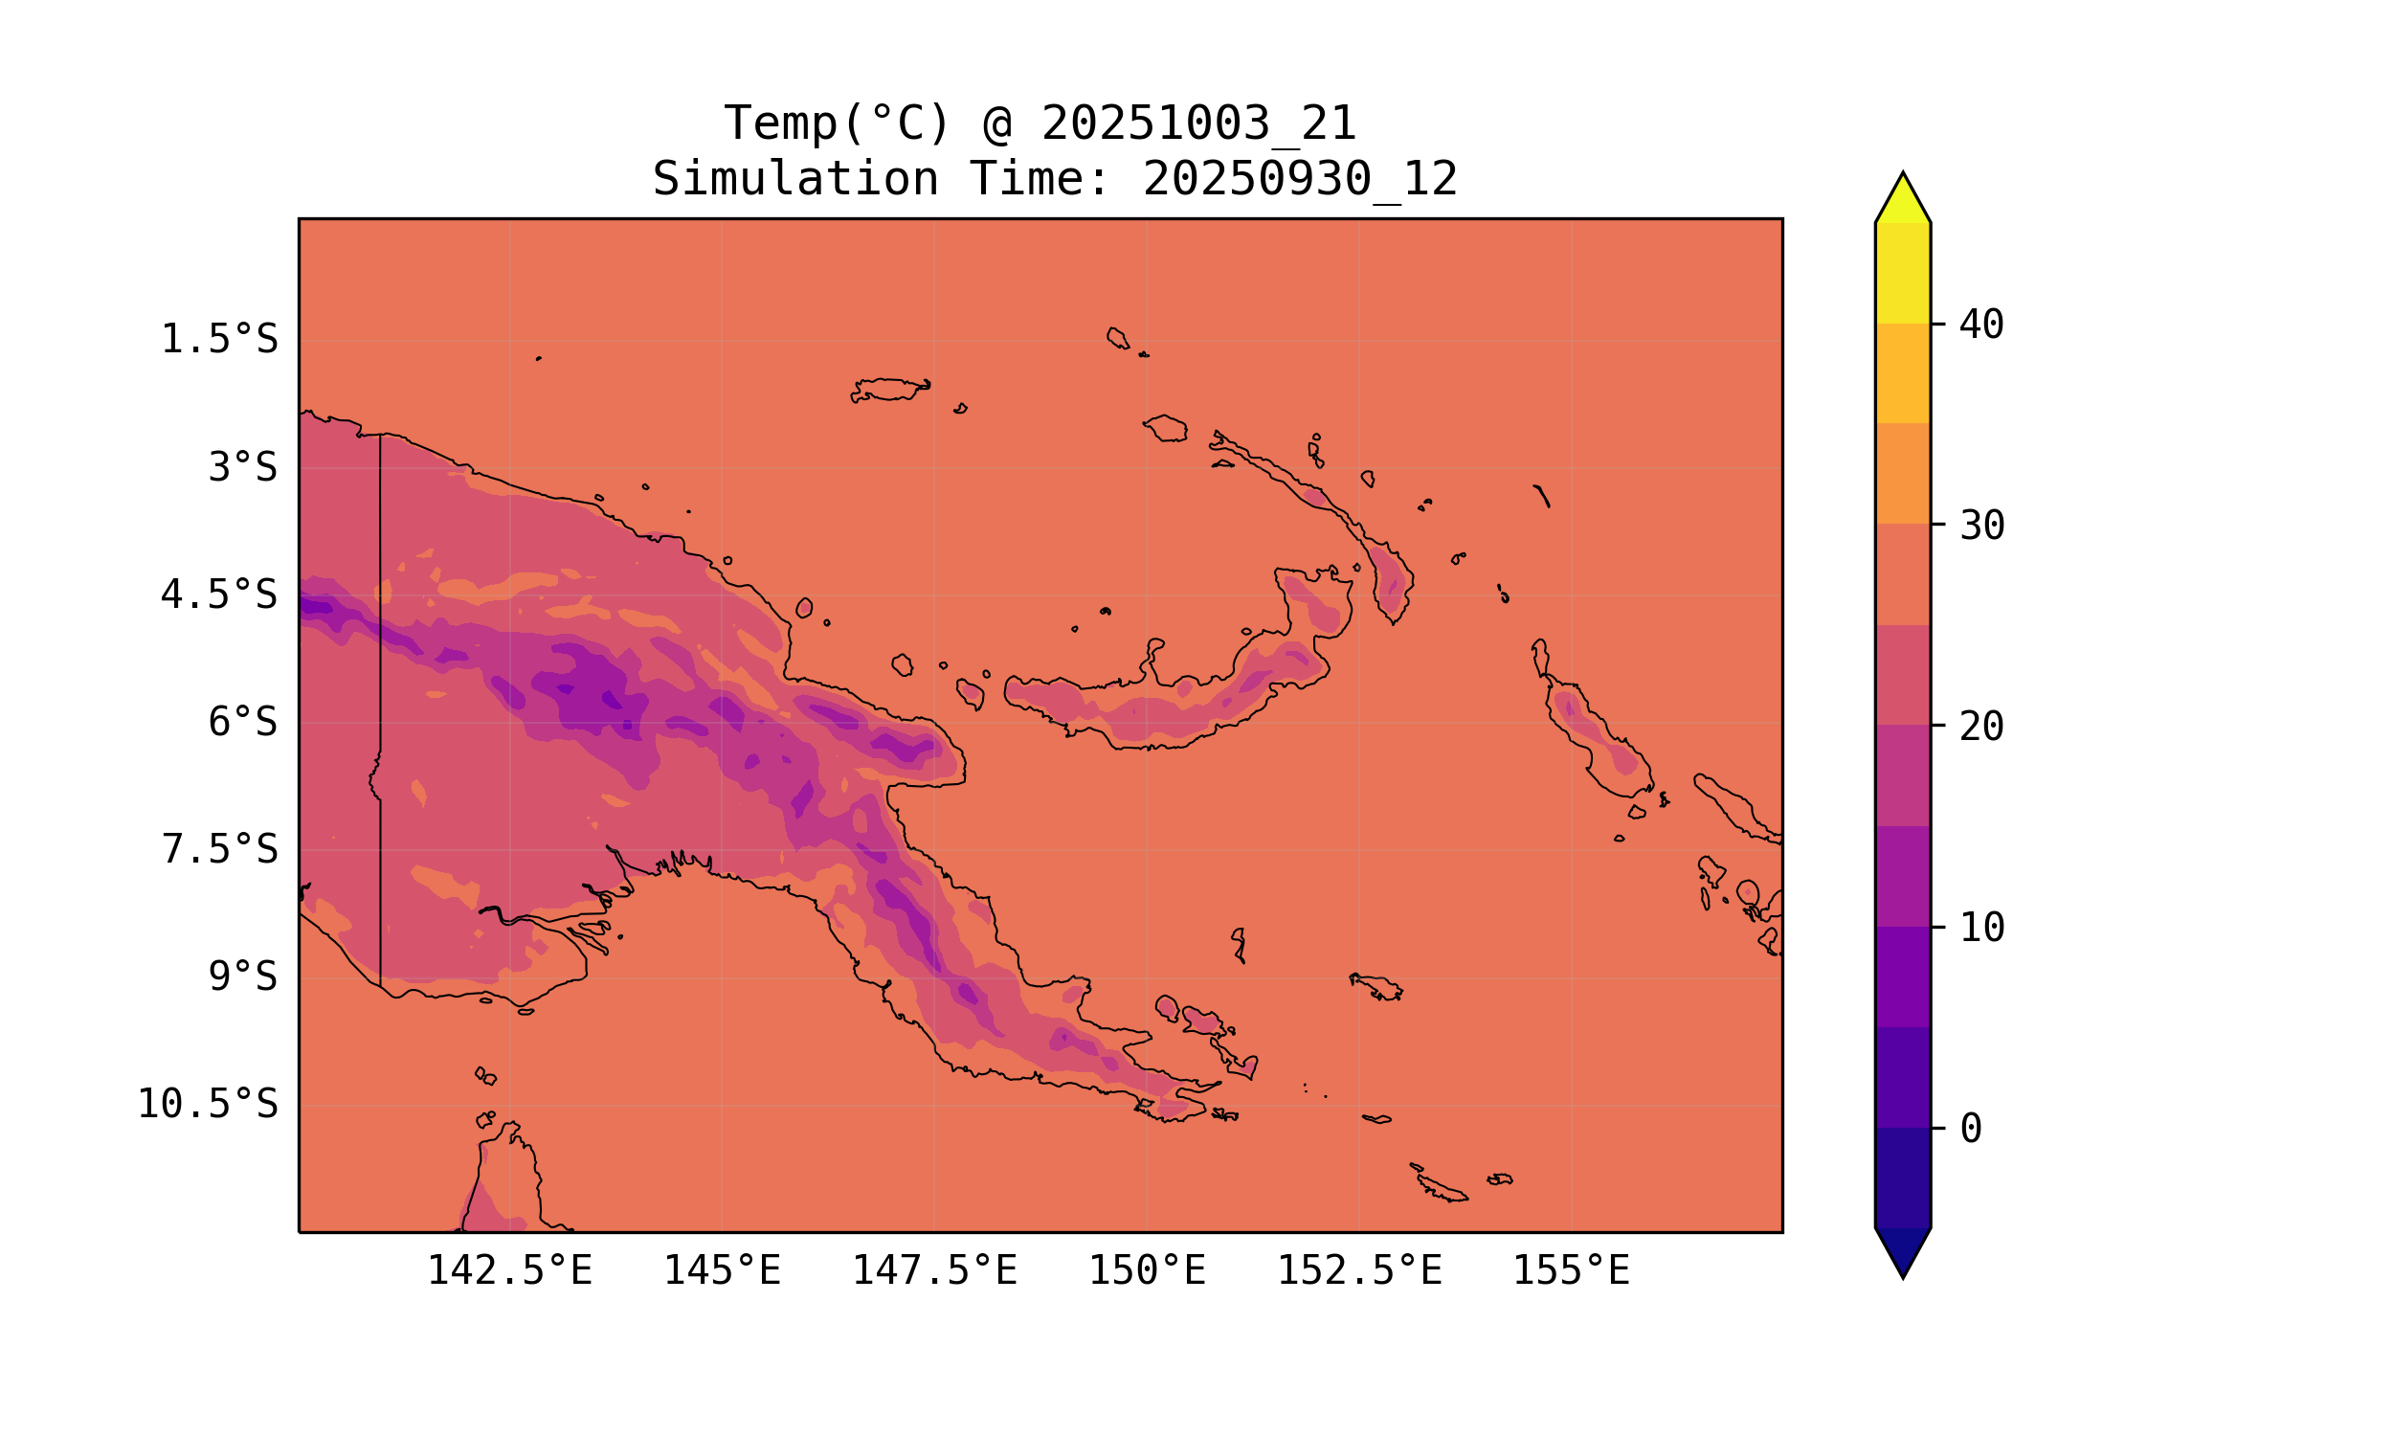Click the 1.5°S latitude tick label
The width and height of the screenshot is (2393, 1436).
click(x=218, y=341)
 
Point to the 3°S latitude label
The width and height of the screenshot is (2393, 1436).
click(x=243, y=468)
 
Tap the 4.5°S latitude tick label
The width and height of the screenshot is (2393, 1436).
click(x=218, y=596)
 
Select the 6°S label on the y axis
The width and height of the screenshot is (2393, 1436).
click(x=243, y=723)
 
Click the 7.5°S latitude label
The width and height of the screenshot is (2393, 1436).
click(x=218, y=850)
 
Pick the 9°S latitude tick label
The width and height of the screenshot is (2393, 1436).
click(x=243, y=977)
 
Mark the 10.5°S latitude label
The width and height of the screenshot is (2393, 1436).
click(x=207, y=1105)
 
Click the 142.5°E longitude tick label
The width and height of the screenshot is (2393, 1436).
click(x=510, y=1271)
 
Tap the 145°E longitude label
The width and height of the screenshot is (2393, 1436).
click(x=722, y=1271)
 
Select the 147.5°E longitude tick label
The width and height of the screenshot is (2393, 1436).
click(x=934, y=1271)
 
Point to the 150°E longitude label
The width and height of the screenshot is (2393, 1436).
click(x=1147, y=1271)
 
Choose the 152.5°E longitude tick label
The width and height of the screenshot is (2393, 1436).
click(x=1359, y=1271)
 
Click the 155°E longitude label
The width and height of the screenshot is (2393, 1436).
click(x=1571, y=1271)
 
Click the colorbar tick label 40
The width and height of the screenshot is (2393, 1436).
click(x=1981, y=325)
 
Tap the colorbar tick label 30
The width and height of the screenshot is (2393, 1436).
click(x=1981, y=527)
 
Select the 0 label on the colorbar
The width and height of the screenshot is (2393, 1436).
click(x=1970, y=1130)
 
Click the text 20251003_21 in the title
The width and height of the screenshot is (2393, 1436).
click(x=1198, y=123)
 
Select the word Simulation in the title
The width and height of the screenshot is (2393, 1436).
click(x=795, y=180)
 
